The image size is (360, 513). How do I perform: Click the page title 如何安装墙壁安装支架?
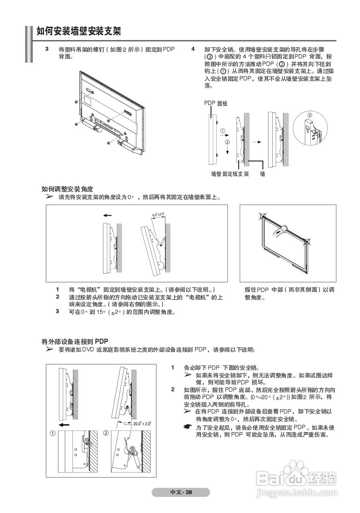[79, 31]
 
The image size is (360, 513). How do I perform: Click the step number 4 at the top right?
[193, 49]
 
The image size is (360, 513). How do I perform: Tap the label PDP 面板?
[216, 103]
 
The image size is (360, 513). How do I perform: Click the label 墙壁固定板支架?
[230, 174]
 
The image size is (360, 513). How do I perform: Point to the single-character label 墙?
[263, 174]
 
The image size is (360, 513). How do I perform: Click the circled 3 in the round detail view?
[309, 115]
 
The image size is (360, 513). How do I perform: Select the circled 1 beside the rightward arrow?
[223, 131]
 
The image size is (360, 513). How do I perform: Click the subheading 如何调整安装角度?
[67, 189]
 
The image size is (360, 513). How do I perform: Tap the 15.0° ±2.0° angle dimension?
[158, 216]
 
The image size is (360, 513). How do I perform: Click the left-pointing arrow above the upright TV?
[107, 215]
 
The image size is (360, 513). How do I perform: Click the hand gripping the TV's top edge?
[281, 229]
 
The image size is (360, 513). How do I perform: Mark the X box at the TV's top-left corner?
[263, 217]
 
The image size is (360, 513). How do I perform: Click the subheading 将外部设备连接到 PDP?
[75, 341]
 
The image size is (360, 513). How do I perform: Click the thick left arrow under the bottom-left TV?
[63, 424]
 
